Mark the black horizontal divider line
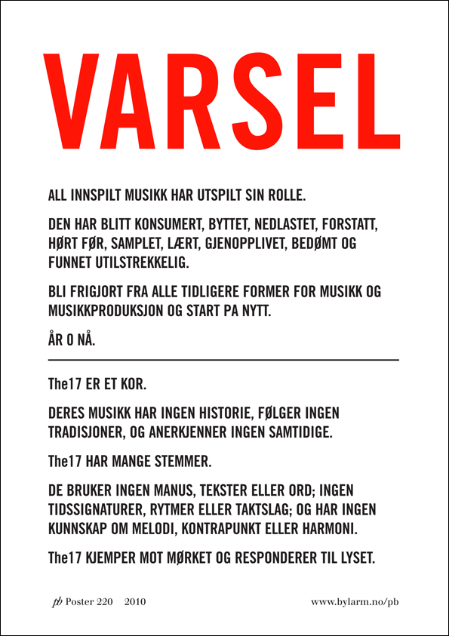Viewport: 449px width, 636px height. [223, 361]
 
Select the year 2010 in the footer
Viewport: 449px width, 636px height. [135, 602]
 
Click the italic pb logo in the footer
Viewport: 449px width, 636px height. [57, 602]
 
